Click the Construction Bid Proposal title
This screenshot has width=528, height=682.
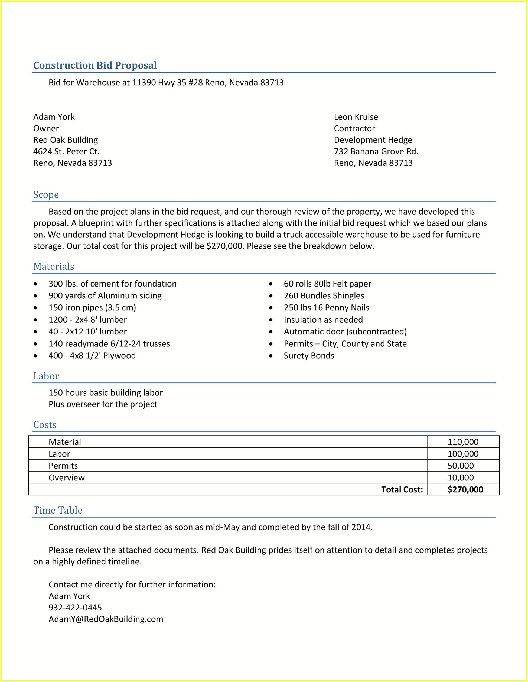[95, 65]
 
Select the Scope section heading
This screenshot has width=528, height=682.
[46, 194]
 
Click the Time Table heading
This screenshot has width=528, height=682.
[58, 510]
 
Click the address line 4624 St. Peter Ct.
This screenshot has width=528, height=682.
[66, 151]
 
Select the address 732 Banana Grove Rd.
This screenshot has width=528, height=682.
[376, 151]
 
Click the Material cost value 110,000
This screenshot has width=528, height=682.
[463, 441]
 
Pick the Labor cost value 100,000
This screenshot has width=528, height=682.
[463, 453]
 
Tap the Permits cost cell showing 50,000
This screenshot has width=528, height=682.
[461, 465]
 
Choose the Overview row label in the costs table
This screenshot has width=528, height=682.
[67, 478]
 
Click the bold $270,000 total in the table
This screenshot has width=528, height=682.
[465, 489]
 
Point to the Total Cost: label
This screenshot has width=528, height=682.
[402, 489]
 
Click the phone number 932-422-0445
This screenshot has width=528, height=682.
[75, 607]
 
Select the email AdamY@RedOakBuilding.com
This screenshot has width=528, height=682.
[106, 619]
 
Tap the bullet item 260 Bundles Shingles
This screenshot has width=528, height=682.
[324, 295]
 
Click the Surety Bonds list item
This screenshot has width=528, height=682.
[309, 355]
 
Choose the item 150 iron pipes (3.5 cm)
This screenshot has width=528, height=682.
[92, 308]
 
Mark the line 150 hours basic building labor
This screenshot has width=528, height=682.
[106, 392]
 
